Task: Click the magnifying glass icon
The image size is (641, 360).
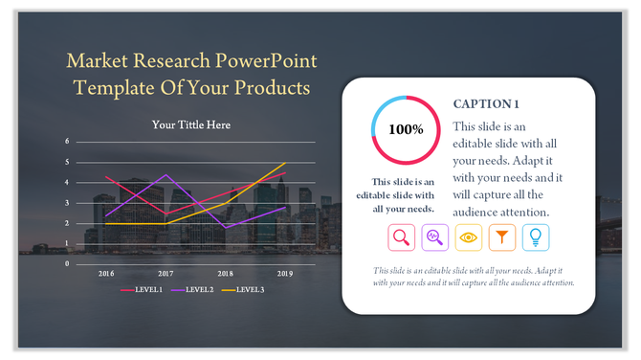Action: (401, 236)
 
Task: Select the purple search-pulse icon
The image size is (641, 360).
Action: (434, 236)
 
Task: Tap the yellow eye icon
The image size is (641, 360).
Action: (468, 236)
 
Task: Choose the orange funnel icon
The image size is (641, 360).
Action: (501, 236)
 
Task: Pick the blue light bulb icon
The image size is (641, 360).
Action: (535, 236)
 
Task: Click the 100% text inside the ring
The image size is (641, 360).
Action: (405, 129)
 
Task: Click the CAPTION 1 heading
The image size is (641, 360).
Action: (487, 103)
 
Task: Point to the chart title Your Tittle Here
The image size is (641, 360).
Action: (191, 124)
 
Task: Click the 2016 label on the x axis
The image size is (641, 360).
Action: (105, 273)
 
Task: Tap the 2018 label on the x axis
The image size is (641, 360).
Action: (226, 273)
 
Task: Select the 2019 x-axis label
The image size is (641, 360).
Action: (285, 273)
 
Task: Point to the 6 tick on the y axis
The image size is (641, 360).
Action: (67, 142)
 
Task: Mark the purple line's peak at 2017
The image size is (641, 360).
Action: (166, 174)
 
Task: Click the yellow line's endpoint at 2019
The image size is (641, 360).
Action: (285, 163)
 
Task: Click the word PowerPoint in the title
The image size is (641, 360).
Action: (268, 63)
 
